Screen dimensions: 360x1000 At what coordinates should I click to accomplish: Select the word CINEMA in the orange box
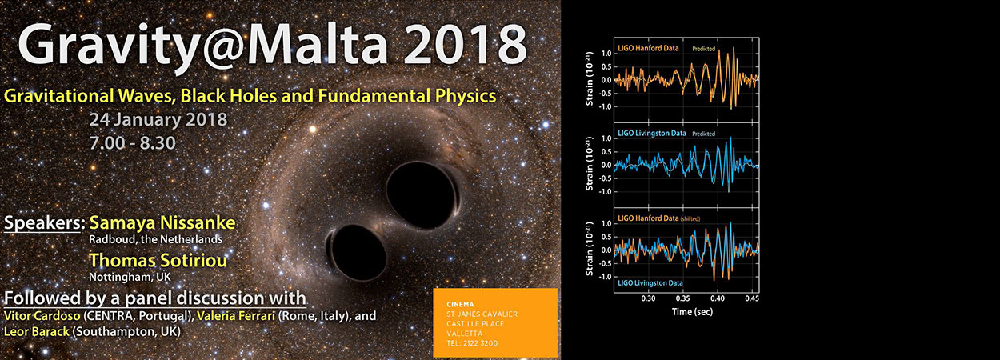pos(448,304)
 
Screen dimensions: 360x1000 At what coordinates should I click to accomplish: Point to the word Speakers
pos(44,222)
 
